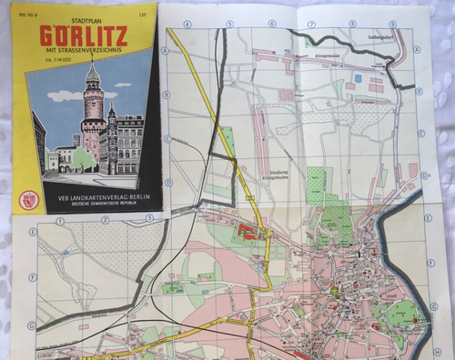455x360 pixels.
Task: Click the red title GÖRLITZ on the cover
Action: (x=85, y=35)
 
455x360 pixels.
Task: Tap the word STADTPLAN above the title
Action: (x=85, y=15)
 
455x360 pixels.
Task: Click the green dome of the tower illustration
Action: (x=92, y=74)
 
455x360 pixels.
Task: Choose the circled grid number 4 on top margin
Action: (x=188, y=25)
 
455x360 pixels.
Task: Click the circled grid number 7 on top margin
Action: (x=312, y=24)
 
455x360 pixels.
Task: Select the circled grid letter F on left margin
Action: (x=32, y=277)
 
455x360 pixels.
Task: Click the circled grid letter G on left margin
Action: (x=32, y=325)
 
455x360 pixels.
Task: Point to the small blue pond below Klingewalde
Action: (x=357, y=78)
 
